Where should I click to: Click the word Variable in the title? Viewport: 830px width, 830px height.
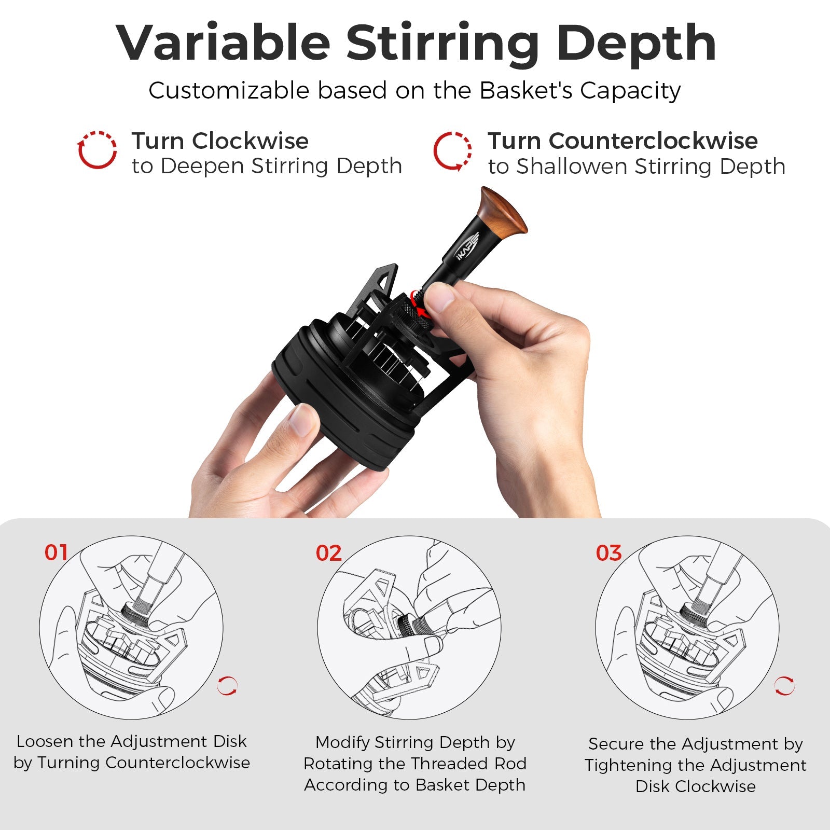[223, 43]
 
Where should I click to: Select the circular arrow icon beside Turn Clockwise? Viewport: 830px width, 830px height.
[97, 150]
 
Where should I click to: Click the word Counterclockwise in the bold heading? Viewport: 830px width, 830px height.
[653, 141]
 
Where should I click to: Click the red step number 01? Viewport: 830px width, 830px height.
[56, 552]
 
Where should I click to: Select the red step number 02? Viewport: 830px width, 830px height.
[328, 554]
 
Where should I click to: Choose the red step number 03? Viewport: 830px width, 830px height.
[608, 554]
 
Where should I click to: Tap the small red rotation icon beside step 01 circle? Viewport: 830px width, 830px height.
[227, 686]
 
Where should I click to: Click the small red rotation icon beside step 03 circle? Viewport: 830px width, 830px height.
[784, 686]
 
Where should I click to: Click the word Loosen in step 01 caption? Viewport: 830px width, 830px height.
[45, 741]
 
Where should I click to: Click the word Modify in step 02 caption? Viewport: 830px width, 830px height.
[343, 742]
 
